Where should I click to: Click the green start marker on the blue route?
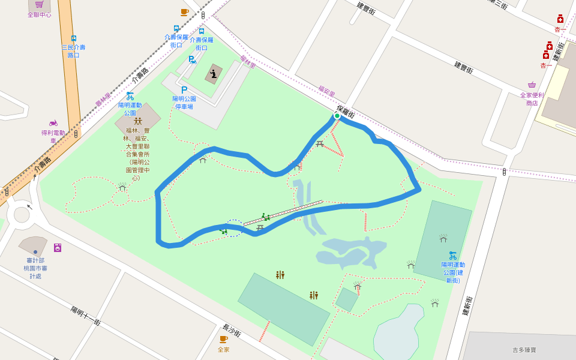(x=337, y=116)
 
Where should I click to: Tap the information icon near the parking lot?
(x=213, y=74)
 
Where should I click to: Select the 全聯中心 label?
(x=39, y=15)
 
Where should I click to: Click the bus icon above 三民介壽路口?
(x=74, y=38)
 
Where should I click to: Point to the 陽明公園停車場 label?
(x=184, y=103)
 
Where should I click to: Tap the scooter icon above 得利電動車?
(x=53, y=122)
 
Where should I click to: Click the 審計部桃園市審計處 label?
(x=35, y=265)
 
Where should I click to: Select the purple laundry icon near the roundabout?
(x=58, y=247)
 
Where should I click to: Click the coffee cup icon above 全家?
(x=223, y=340)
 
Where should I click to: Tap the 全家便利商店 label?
(x=532, y=99)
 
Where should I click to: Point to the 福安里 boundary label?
(x=326, y=91)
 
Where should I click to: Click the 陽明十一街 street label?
(x=86, y=316)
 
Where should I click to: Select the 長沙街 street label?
(x=231, y=331)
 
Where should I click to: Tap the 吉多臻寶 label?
(x=524, y=349)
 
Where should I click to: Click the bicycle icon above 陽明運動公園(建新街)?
(x=453, y=255)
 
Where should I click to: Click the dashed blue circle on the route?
(x=233, y=228)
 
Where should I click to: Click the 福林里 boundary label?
(x=248, y=61)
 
